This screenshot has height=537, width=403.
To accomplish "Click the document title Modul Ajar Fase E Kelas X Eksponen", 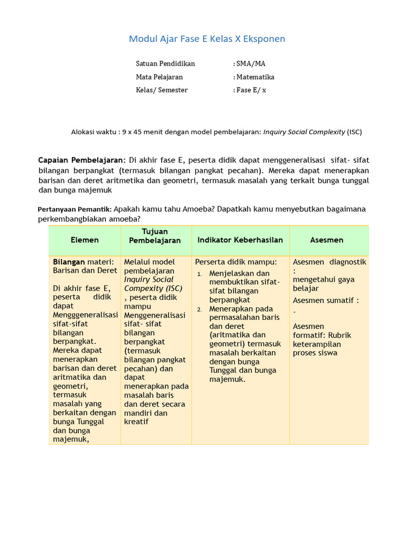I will [207, 39].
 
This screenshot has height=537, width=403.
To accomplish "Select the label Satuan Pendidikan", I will [165, 63].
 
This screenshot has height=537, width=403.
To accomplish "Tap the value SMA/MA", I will [251, 63].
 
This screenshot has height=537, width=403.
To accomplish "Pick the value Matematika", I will [255, 77].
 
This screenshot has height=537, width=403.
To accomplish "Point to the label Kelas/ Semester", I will [162, 90].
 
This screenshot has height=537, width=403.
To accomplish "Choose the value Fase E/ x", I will [251, 90].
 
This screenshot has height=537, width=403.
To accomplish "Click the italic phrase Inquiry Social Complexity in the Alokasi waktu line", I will [304, 132].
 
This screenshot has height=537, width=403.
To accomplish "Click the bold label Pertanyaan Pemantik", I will [75, 209].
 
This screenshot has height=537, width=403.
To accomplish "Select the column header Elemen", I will [84, 240].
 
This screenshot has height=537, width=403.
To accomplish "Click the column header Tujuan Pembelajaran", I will [155, 236].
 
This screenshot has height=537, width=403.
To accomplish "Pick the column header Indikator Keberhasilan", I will [240, 240].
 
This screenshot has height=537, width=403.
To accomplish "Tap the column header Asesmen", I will [326, 240].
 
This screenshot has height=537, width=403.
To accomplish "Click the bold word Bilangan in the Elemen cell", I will [69, 262].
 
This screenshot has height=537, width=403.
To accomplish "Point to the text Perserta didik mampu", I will [236, 262].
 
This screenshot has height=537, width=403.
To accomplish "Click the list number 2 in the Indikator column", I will [200, 309].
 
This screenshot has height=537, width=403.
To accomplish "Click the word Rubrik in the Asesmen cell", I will [340, 336].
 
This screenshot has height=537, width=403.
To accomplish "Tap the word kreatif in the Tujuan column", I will [136, 422].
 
